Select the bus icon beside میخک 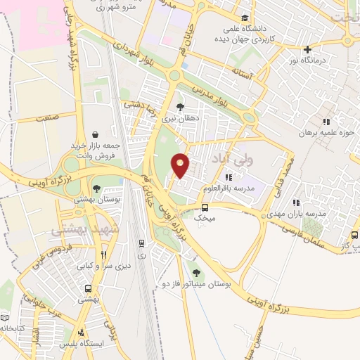(x=205, y=208)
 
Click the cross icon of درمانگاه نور (x=307, y=49)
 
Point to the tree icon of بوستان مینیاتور (x=195, y=273)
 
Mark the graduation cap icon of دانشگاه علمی (x=244, y=18)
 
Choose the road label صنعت (x=49, y=120)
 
